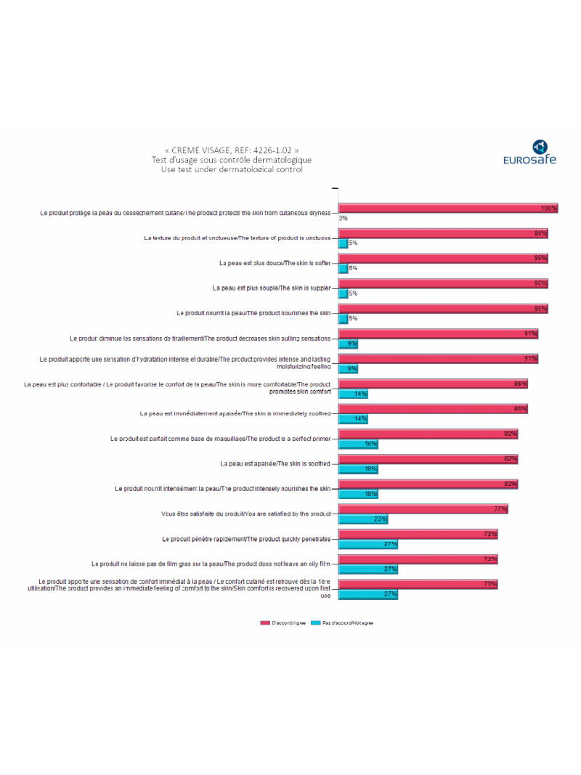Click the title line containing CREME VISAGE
point(232,150)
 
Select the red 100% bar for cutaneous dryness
point(448,208)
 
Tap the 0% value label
point(344,218)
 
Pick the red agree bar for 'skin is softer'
point(443,258)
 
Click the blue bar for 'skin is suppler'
point(344,293)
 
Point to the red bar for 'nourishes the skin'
point(443,308)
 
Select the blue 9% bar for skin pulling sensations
point(348,344)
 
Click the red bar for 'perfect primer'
point(428,434)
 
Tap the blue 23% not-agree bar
point(363,519)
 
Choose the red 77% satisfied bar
point(423,509)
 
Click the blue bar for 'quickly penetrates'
point(368,544)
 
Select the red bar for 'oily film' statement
point(418,559)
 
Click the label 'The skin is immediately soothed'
point(235,413)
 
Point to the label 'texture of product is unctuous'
point(237,238)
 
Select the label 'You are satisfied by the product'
point(246,514)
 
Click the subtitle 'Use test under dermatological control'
point(232,169)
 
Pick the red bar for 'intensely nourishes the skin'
point(428,484)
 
